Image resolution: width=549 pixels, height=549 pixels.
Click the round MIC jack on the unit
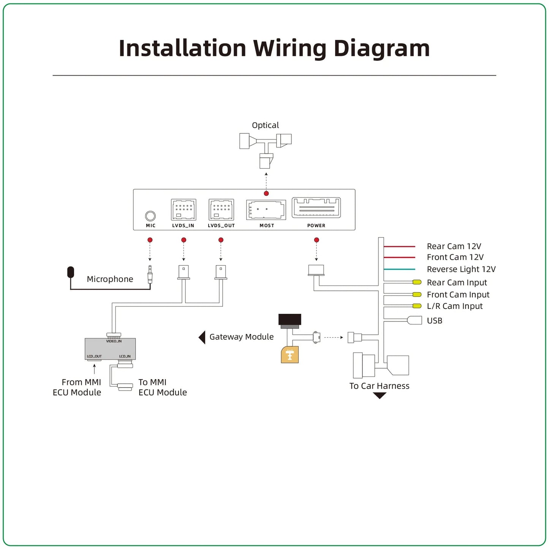(150, 216)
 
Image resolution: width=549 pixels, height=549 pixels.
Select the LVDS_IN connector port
(183, 209)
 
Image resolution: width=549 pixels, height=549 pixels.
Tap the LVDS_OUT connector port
(221, 209)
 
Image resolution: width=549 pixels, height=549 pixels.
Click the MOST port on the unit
(266, 210)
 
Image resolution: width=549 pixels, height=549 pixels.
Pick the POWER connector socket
(316, 207)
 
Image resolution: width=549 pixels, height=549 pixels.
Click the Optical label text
(265, 125)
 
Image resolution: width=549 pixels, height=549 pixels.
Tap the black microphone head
(71, 272)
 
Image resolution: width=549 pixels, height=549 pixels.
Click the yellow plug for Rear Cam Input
(416, 282)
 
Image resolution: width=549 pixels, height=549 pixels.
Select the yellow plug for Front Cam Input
(416, 294)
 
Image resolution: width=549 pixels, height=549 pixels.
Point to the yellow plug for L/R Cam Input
(416, 306)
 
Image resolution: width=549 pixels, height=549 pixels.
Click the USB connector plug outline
(414, 320)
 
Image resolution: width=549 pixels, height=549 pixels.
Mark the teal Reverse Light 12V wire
(399, 269)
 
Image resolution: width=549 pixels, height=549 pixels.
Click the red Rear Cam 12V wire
(399, 246)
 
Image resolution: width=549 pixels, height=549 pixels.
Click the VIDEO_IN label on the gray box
(114, 341)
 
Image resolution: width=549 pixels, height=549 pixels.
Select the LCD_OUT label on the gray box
(94, 356)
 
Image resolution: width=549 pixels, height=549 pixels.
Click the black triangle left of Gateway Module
(202, 337)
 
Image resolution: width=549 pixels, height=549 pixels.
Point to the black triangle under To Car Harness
(379, 396)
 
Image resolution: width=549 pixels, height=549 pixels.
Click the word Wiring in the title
(290, 48)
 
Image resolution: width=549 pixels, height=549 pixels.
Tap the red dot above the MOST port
(266, 193)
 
